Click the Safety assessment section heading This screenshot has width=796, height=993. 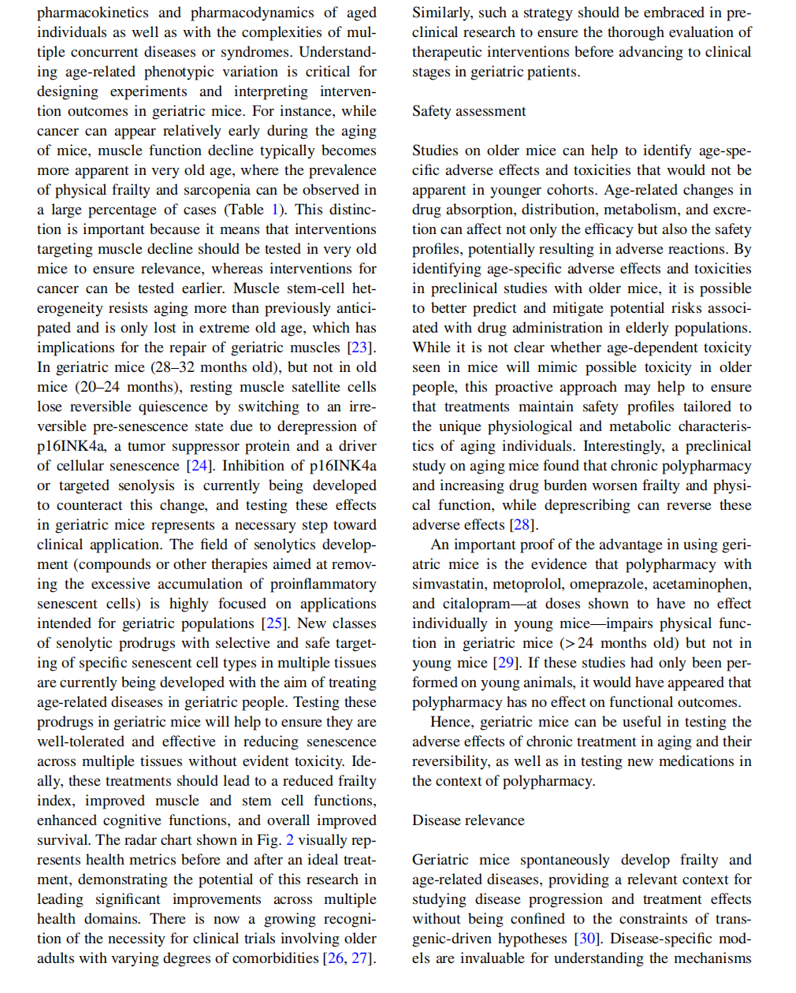coord(469,111)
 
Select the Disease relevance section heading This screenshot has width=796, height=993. coord(468,820)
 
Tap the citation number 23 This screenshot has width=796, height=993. coord(361,348)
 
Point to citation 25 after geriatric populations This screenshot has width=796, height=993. coord(274,623)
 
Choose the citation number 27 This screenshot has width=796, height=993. coord(360,958)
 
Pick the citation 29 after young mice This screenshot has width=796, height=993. coord(506,663)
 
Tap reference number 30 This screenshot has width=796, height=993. coord(586,939)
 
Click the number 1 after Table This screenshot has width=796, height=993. coord(275,210)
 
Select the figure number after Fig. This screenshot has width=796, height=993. coord(290,840)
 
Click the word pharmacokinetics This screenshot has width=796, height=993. coord(92,13)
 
